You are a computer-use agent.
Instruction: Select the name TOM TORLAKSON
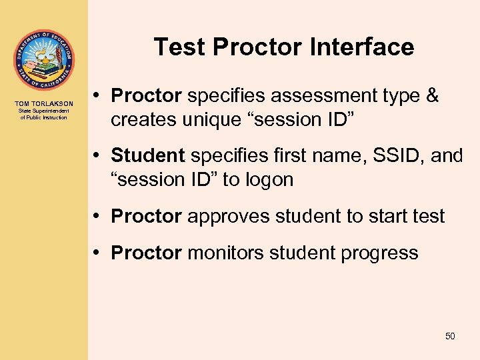coord(44,104)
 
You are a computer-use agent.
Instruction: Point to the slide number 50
coord(450,336)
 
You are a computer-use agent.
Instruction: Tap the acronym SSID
coord(386,156)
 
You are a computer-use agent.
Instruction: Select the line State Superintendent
coord(44,111)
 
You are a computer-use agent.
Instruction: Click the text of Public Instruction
coord(44,117)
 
